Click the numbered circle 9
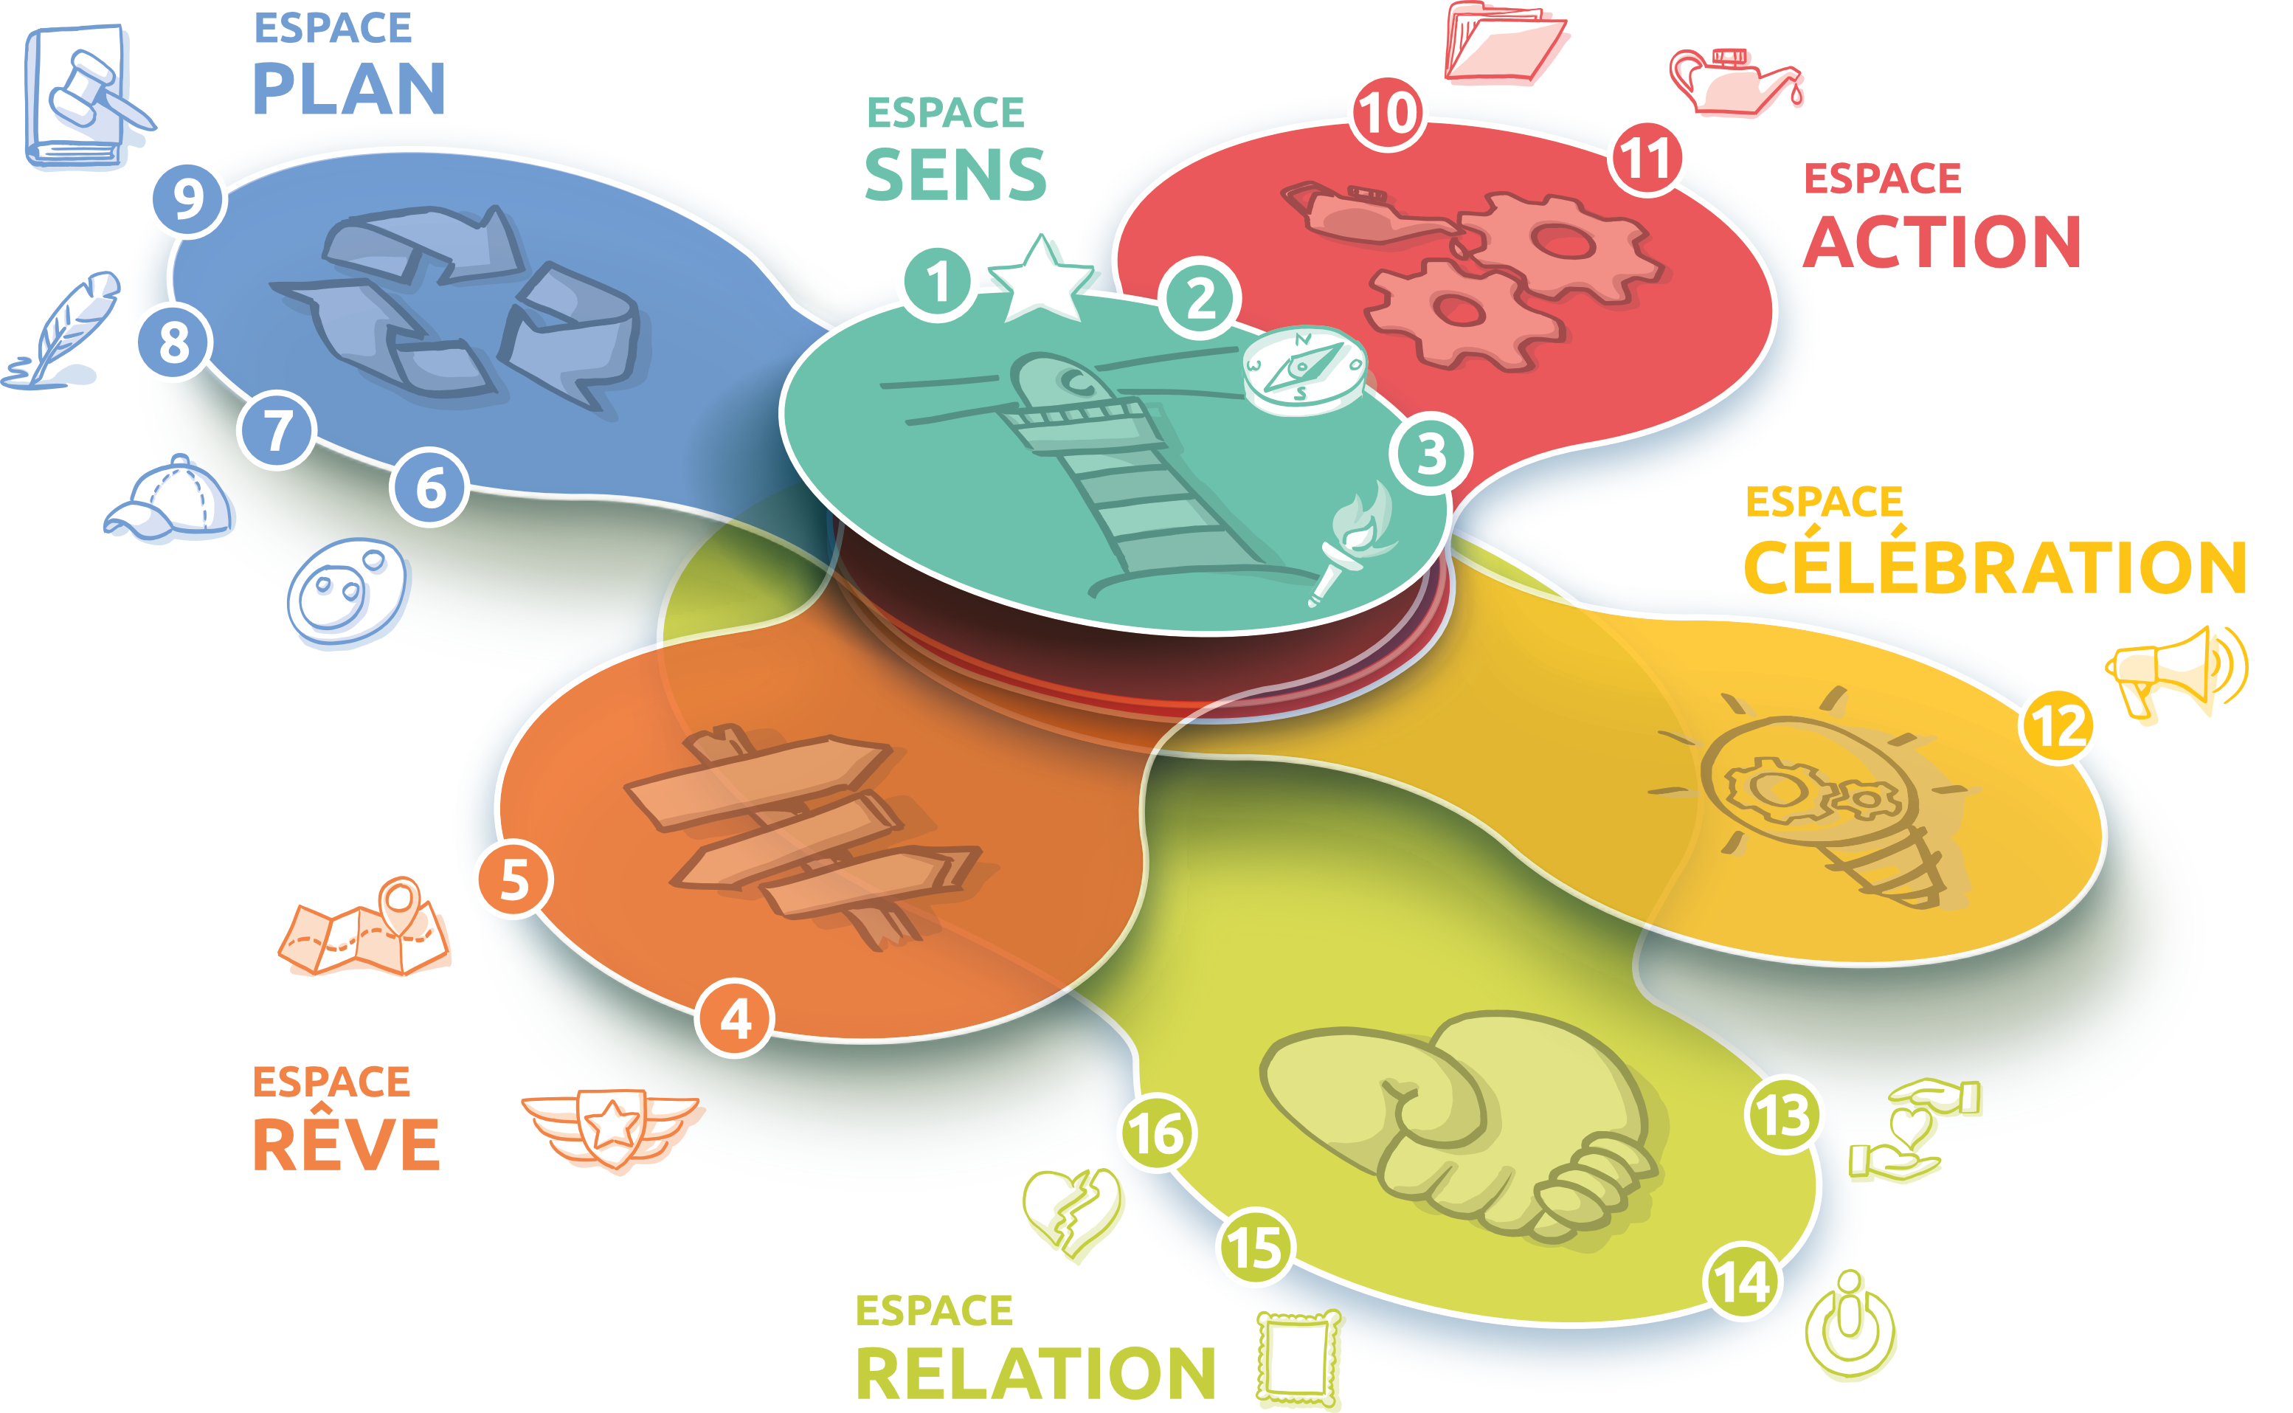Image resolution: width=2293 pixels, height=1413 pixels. (189, 199)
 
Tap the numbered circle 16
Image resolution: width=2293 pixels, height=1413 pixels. (1157, 1133)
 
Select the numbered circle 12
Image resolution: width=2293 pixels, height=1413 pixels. (2057, 727)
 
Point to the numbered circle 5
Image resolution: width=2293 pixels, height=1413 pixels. (513, 880)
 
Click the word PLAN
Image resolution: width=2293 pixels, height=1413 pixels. (350, 90)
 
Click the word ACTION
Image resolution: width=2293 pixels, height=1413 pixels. (1942, 241)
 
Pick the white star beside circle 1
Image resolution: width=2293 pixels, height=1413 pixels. (1041, 278)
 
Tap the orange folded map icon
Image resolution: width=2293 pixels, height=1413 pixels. (366, 930)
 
